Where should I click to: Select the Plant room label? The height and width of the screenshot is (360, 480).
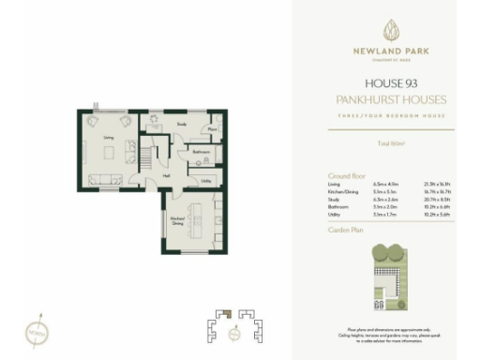[x=213, y=129]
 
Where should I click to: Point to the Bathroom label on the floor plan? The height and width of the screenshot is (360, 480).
[x=200, y=151]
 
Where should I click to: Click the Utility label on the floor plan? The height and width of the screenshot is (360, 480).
[x=204, y=180]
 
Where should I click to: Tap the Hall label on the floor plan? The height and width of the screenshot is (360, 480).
[x=165, y=175]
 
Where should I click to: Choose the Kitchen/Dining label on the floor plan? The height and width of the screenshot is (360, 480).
[x=176, y=221]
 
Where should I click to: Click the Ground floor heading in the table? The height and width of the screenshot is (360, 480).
[x=346, y=175]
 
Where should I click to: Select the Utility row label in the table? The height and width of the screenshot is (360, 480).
[x=335, y=215]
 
